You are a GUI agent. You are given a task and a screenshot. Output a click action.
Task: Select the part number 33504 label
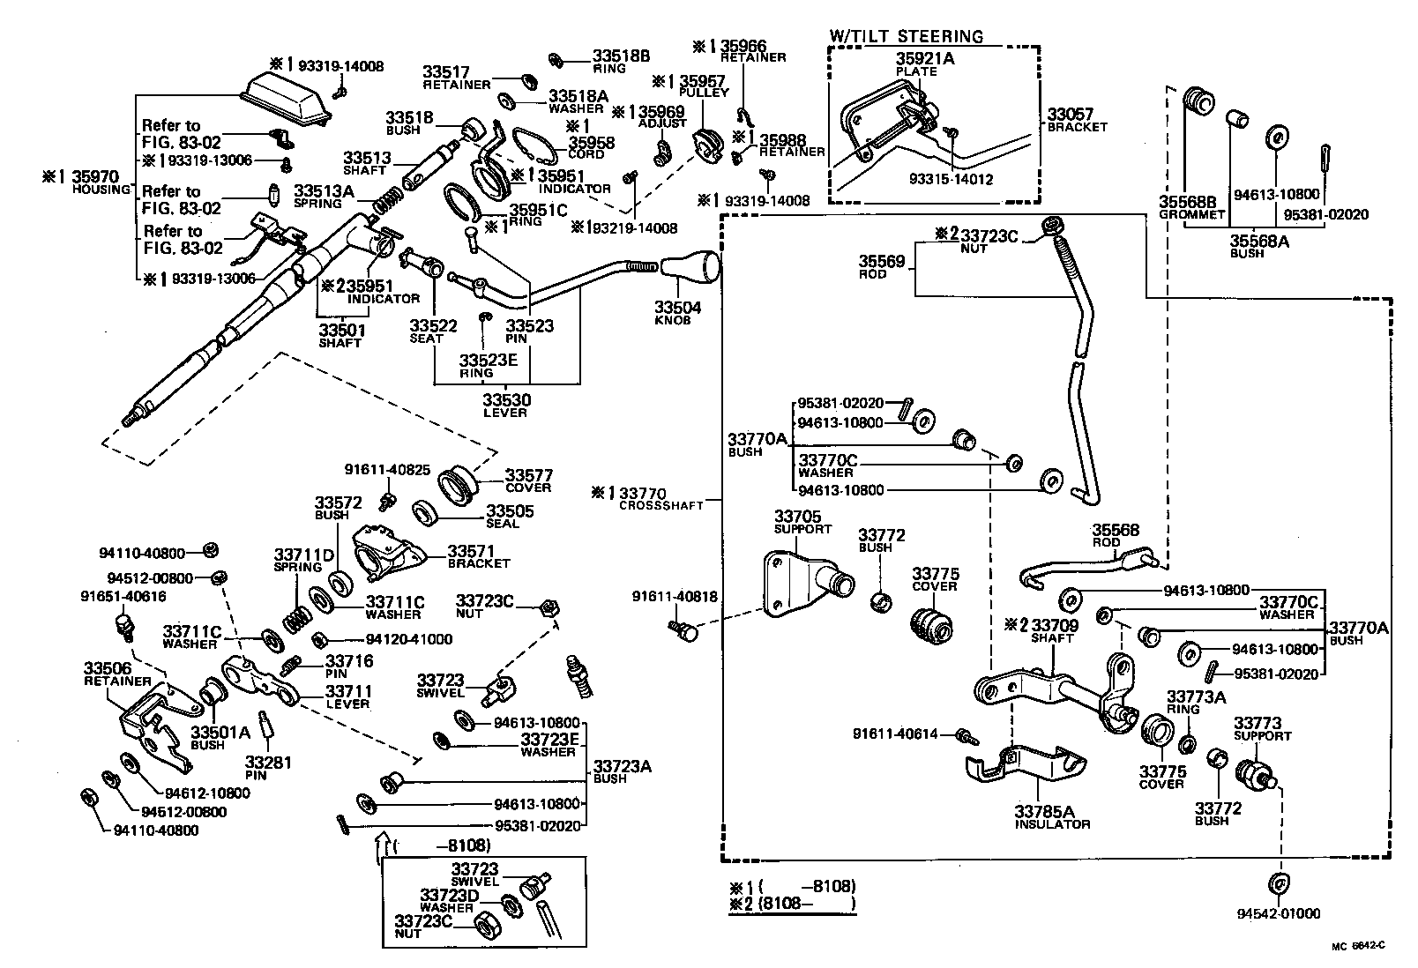(678, 308)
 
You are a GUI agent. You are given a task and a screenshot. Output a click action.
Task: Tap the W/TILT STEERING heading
(906, 36)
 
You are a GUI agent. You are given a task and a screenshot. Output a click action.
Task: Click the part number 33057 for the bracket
(1071, 115)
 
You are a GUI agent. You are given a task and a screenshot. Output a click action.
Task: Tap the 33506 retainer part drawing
(155, 724)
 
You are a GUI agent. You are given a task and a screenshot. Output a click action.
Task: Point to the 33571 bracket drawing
(385, 553)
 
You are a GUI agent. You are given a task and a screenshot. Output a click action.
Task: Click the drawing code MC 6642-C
(1358, 946)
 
